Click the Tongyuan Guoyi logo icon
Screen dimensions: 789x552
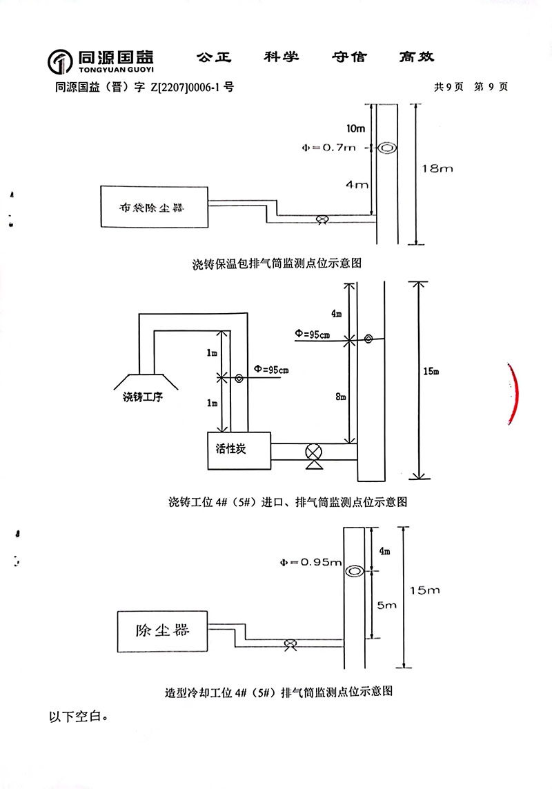point(60,62)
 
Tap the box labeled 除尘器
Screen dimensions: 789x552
point(162,630)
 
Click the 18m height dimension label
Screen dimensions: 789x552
point(437,168)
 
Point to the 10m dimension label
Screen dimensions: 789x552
point(356,129)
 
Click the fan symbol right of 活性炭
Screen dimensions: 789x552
point(314,454)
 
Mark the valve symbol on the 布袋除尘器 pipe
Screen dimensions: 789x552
point(321,219)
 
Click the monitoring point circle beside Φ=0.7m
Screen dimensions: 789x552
point(387,148)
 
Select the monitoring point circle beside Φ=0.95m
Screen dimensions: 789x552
point(355,571)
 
